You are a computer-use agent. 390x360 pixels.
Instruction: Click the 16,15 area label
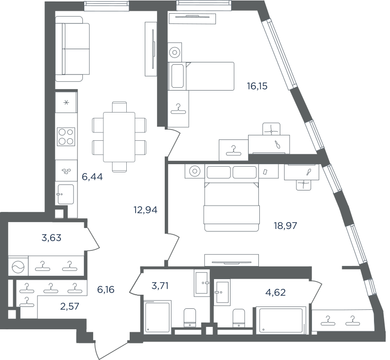pyautogui.click(x=257, y=86)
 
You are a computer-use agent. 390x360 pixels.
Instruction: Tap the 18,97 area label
pyautogui.click(x=285, y=226)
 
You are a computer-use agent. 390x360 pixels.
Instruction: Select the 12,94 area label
pyautogui.click(x=145, y=210)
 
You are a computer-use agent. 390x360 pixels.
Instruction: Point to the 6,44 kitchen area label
pyautogui.click(x=92, y=177)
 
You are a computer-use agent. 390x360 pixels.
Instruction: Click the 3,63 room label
pyautogui.click(x=52, y=238)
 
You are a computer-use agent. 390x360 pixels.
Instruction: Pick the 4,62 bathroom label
pyautogui.click(x=275, y=292)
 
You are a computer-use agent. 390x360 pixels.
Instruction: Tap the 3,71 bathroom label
pyautogui.click(x=160, y=286)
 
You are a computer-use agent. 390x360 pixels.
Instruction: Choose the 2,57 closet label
pyautogui.click(x=70, y=306)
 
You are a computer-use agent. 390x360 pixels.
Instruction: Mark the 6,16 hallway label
pyautogui.click(x=106, y=290)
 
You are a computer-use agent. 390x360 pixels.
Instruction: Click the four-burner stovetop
pyautogui.click(x=66, y=136)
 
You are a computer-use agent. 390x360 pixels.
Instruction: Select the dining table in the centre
pyautogui.click(x=119, y=137)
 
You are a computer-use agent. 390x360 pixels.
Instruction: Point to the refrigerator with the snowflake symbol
pyautogui.click(x=66, y=102)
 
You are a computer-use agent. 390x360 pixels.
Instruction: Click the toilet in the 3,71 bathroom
pyautogui.click(x=190, y=318)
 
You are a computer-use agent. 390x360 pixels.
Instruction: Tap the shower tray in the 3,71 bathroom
pyautogui.click(x=157, y=316)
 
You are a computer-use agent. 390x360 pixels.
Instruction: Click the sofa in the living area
pyautogui.click(x=72, y=49)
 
